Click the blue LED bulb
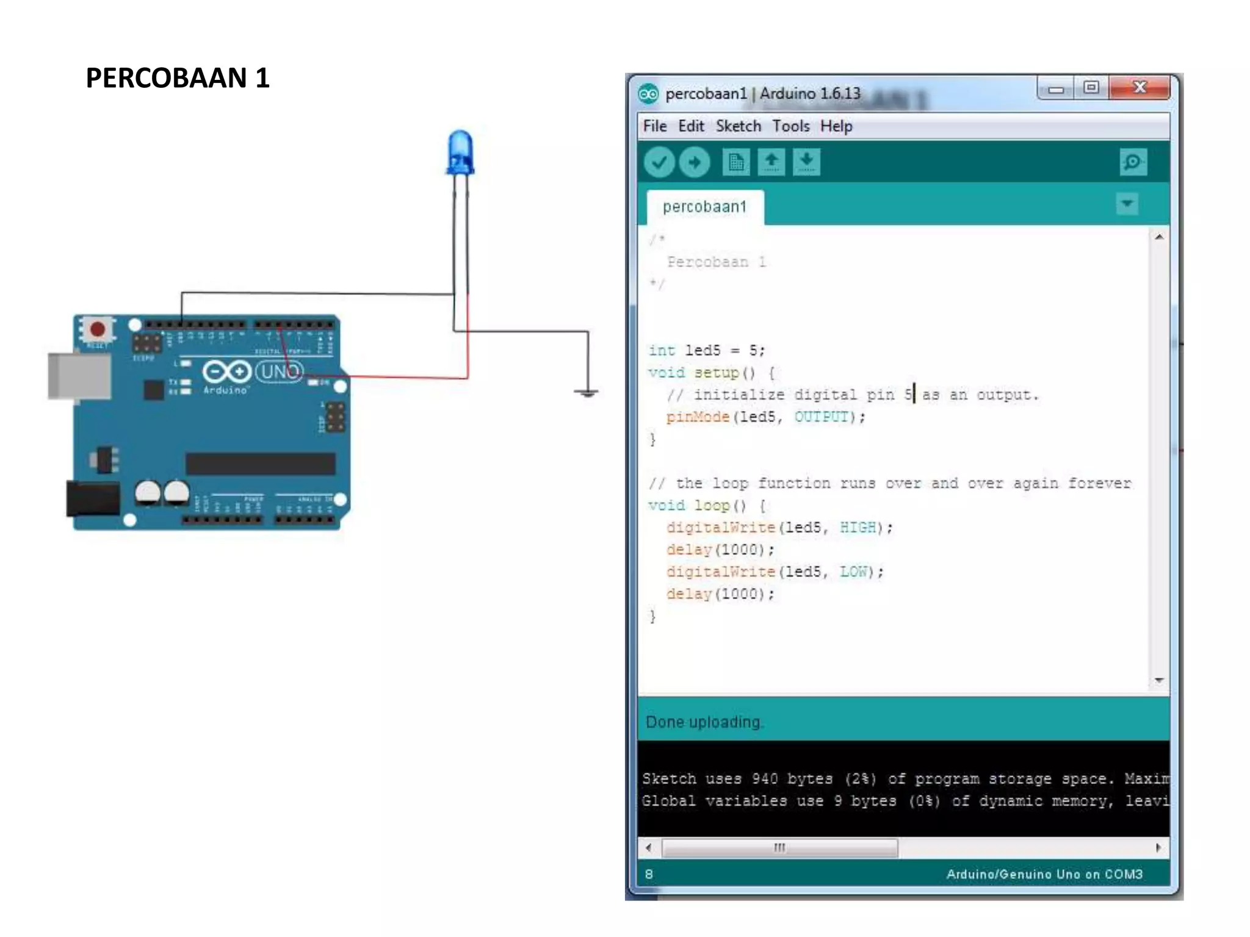tap(460, 153)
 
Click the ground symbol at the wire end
tap(587, 393)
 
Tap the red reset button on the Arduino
tap(97, 329)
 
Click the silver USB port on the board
tap(79, 375)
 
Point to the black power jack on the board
tap(93, 498)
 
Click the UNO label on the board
tap(280, 372)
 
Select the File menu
tap(654, 126)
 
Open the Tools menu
tap(790, 126)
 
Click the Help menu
tap(836, 126)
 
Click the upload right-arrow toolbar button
tap(694, 162)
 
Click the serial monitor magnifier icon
tap(1133, 162)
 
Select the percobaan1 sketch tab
tap(704, 207)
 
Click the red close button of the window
tap(1139, 88)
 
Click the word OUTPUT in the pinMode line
tap(822, 417)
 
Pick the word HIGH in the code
tap(858, 528)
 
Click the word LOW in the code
tap(853, 572)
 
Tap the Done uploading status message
tap(704, 722)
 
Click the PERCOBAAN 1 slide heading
tap(178, 78)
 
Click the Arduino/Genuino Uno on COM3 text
tap(1044, 874)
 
